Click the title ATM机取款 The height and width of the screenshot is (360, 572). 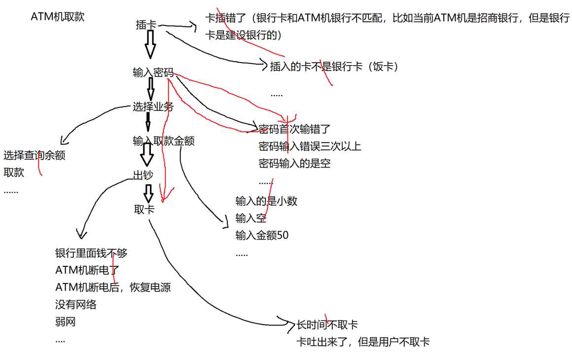point(58,17)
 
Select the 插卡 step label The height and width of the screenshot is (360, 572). point(146,25)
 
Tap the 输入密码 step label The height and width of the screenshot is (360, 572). point(153,73)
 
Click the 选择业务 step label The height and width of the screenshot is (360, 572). point(153,106)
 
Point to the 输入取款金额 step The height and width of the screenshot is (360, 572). point(163,141)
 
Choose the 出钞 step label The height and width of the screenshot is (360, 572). point(143,175)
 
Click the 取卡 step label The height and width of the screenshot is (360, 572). point(144,209)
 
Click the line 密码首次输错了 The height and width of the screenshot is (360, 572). point(294,130)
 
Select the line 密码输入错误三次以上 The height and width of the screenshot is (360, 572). point(310,146)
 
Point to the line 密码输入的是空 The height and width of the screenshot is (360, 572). point(294,163)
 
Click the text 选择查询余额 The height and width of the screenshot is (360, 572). point(35,156)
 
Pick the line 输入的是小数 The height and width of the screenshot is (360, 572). point(266,201)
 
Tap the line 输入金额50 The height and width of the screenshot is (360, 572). point(262,235)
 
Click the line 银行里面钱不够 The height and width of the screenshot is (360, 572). point(91,253)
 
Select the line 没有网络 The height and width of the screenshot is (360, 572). point(76,305)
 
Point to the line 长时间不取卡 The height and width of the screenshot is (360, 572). point(326,325)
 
